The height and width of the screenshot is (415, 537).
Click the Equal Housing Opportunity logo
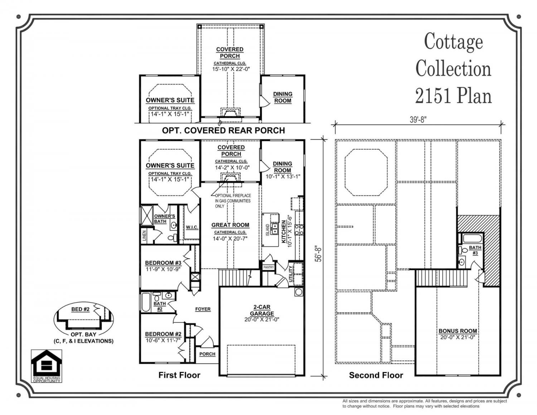(47, 366)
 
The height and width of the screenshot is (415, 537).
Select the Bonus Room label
(458, 331)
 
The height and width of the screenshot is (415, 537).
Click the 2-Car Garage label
(262, 310)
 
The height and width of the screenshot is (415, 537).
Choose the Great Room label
(230, 225)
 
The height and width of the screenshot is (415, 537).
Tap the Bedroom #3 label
(163, 263)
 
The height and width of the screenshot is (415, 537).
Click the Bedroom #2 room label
(163, 334)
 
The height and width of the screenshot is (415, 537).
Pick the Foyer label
(203, 309)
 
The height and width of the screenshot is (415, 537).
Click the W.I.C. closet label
(192, 227)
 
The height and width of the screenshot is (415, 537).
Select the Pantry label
(268, 267)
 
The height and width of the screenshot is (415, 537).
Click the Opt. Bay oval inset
(83, 319)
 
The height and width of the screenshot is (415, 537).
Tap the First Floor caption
(179, 375)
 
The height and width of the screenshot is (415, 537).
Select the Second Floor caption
(376, 375)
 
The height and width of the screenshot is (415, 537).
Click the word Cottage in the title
(454, 42)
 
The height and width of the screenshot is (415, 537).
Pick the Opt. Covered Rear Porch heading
(223, 130)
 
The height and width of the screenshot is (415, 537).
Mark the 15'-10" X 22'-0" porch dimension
(231, 69)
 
